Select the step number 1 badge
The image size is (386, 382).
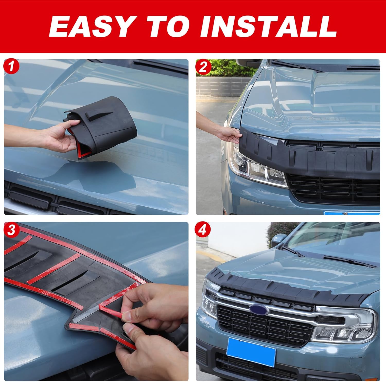point(11,67)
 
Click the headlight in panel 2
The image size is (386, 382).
point(255,165)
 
